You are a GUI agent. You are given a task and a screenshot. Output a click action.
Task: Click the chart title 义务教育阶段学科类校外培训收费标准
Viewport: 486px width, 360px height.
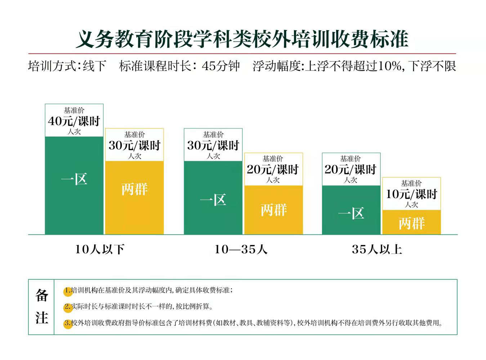[242, 39]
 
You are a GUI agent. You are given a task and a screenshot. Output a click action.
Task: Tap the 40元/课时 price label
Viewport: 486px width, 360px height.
[74, 121]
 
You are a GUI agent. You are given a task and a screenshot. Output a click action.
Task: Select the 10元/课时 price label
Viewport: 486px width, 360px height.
[411, 194]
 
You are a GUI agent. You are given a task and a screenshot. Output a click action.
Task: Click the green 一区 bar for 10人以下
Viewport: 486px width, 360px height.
[74, 185]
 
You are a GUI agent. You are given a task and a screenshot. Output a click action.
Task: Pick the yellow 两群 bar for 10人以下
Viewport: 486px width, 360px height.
[134, 197]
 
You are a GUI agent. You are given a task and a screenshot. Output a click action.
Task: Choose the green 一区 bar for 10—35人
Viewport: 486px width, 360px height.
[213, 198]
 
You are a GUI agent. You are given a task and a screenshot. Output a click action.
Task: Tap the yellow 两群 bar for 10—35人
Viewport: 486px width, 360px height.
[273, 210]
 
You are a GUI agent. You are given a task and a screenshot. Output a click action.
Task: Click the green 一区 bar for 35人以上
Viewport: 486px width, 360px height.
[351, 210]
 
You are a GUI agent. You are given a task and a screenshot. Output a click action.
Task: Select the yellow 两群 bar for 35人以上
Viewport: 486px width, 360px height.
[411, 222]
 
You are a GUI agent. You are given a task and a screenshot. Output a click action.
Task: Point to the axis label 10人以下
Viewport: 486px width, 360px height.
[100, 249]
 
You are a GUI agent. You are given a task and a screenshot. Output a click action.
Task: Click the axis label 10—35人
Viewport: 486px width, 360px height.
[241, 249]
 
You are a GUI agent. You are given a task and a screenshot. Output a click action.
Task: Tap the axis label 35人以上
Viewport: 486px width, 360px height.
[377, 249]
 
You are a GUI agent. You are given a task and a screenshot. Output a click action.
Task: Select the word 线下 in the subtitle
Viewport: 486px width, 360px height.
[94, 66]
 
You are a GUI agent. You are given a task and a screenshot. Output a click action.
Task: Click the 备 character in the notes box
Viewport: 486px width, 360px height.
[42, 296]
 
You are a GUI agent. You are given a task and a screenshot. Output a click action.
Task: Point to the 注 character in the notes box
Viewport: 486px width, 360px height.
[42, 318]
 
